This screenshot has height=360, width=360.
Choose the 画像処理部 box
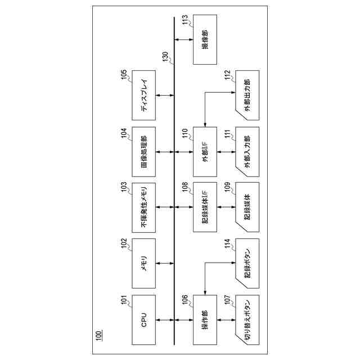143,151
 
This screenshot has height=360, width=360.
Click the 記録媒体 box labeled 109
247,208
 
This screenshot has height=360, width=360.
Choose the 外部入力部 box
247,151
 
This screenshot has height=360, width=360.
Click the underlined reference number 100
99,336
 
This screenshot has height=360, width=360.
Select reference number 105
124,76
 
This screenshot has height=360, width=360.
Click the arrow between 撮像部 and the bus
184,39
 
